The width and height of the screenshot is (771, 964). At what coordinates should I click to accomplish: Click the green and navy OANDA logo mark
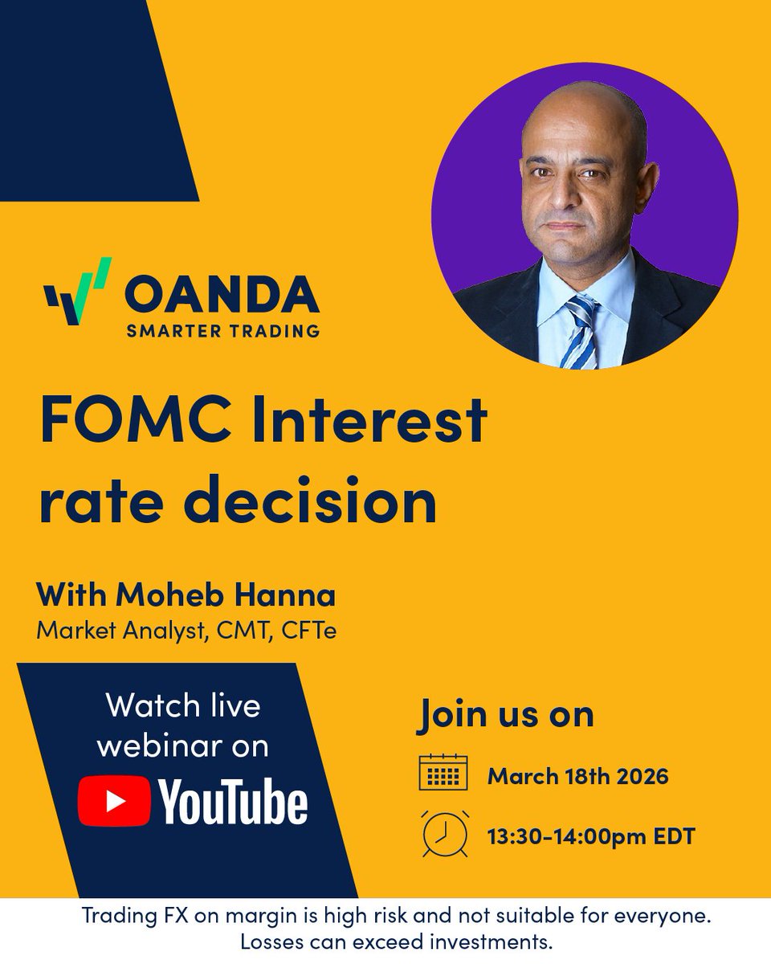point(78,292)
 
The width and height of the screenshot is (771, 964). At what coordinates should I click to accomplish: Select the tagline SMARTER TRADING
point(222,330)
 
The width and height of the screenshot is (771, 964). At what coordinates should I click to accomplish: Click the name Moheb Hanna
point(226,596)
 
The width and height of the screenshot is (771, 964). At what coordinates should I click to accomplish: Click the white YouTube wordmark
point(233,802)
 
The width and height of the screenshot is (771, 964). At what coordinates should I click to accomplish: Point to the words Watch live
point(183,706)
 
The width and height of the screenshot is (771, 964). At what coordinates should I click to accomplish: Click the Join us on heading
point(505,714)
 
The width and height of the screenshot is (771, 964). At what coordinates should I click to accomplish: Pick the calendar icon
point(443,773)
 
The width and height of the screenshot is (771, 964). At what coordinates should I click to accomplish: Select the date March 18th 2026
point(578,777)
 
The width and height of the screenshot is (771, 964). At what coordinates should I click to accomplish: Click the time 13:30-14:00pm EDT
point(591,836)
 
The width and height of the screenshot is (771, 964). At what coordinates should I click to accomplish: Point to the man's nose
point(565,197)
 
